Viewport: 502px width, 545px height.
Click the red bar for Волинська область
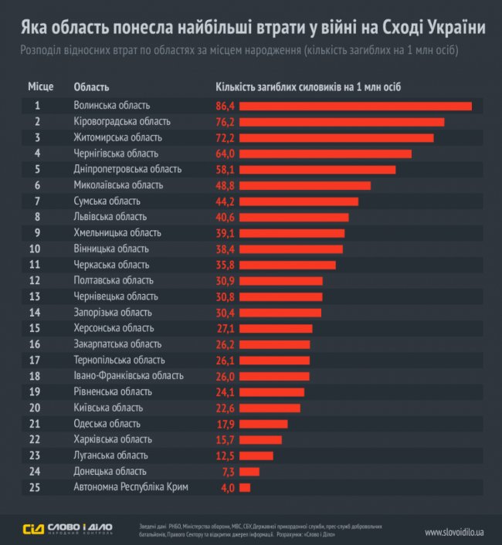[x=355, y=106]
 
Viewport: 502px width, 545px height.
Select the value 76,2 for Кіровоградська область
[x=226, y=122]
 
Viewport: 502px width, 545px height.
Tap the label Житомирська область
[x=117, y=137]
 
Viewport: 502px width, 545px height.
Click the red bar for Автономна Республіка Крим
[x=245, y=487]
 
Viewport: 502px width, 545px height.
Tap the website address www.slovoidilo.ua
[x=454, y=532]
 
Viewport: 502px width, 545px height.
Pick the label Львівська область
[x=110, y=217]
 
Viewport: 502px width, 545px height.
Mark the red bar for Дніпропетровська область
[x=317, y=169]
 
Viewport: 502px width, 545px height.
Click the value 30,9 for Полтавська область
[x=226, y=281]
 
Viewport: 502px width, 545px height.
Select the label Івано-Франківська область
[x=128, y=376]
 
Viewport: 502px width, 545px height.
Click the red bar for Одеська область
[x=263, y=424]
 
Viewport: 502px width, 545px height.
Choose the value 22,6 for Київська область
[x=226, y=408]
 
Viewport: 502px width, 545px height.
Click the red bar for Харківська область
[x=260, y=439]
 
